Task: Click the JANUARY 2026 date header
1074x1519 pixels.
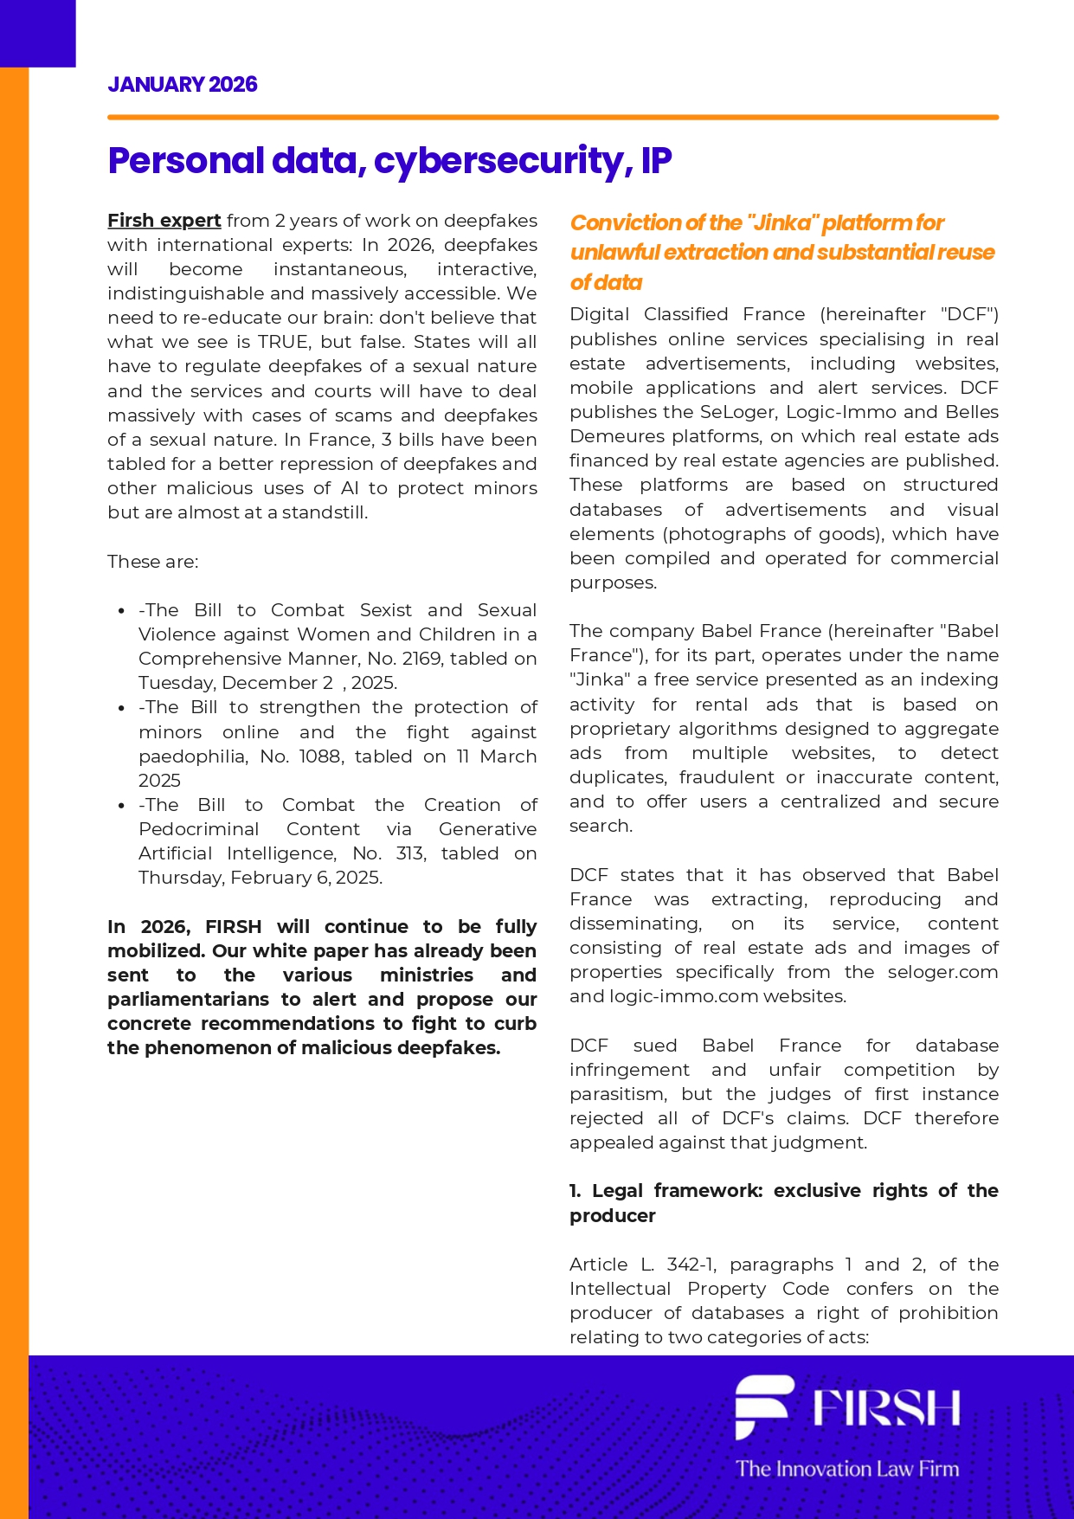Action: (182, 85)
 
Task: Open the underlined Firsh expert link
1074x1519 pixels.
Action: (164, 221)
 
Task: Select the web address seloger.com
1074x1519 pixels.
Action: (942, 972)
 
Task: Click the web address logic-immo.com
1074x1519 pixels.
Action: (666, 996)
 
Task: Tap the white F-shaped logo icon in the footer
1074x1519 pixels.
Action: (762, 1406)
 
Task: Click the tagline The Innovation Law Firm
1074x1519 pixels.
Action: (847, 1469)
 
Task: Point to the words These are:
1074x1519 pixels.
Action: (152, 562)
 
